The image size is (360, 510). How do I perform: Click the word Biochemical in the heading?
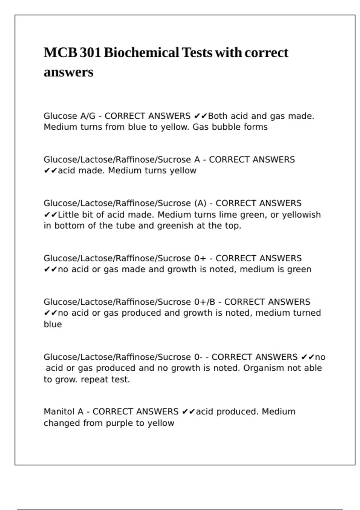[141, 53]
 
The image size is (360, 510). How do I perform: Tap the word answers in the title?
[68, 72]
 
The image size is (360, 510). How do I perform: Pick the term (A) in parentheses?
[200, 203]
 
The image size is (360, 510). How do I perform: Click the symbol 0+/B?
[205, 302]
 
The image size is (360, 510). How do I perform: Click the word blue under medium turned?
[53, 324]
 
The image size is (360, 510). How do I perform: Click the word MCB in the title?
[60, 53]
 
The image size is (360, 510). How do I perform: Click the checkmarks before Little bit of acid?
[50, 215]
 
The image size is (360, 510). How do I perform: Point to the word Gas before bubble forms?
[200, 127]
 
